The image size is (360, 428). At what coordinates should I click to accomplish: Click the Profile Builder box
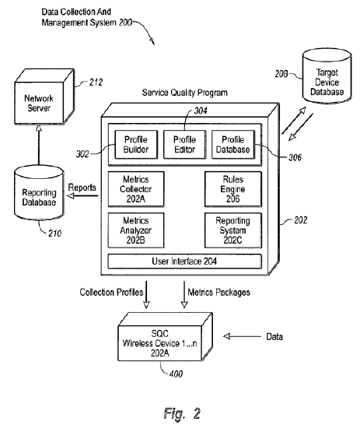point(136,145)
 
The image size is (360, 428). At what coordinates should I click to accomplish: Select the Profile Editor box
point(184,145)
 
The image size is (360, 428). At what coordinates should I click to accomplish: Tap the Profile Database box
point(233,145)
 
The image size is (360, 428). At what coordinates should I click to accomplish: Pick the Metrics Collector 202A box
point(136,189)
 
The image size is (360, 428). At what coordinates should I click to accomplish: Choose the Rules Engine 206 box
point(233,189)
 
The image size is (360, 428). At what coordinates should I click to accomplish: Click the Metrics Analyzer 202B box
point(136,230)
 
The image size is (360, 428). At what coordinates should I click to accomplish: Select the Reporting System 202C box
point(233,230)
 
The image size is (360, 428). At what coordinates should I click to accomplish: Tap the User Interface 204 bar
point(184,261)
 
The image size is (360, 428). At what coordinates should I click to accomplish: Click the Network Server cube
point(44,96)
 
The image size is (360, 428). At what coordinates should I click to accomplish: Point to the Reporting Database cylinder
point(39,193)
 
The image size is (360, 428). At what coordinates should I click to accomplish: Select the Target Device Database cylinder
point(327,76)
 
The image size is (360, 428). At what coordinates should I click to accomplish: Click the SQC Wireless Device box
point(165,337)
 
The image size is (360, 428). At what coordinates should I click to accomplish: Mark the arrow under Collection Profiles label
point(146,295)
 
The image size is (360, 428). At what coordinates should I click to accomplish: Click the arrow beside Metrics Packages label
point(184,295)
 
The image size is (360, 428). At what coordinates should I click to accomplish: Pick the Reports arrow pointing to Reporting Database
point(82,195)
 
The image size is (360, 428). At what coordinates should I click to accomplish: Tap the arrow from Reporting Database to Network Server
point(39,145)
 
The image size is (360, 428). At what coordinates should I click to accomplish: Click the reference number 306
point(295,157)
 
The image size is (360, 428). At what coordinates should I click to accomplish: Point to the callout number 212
point(96,82)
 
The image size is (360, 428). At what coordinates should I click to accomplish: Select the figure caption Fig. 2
point(182,413)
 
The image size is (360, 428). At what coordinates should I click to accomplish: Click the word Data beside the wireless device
point(274,336)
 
